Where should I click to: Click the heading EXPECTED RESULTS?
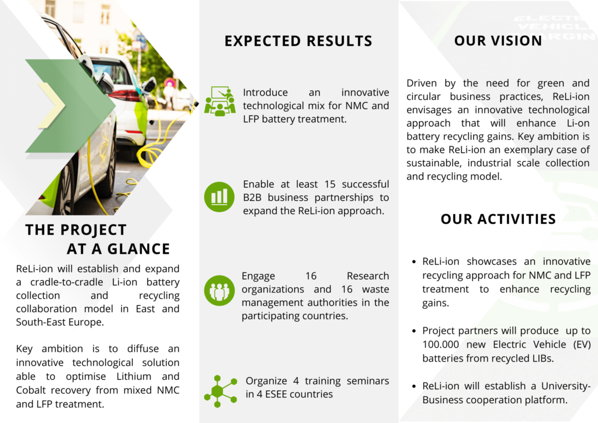298,41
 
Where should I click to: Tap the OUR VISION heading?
498,41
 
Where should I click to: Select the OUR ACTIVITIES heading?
498,219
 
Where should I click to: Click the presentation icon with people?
220,101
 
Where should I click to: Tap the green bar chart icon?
220,197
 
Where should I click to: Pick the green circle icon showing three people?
220,291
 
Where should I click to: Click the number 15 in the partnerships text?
330,184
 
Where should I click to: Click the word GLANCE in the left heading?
138,249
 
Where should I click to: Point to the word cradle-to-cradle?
67,282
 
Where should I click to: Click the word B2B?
252,198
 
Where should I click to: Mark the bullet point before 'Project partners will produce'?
414,331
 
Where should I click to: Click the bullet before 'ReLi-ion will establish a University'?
414,386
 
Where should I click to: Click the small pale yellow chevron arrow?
52,105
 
